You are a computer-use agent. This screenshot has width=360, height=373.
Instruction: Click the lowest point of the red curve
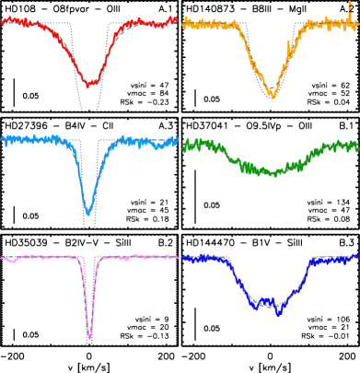coord(89,85)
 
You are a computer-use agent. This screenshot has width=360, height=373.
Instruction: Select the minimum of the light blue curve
coord(88,213)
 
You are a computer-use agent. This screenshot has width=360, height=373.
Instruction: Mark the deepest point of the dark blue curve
coord(278,313)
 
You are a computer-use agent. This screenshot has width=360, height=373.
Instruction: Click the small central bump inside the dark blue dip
coord(266,299)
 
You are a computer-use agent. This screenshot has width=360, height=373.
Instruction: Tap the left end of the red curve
coord(3,23)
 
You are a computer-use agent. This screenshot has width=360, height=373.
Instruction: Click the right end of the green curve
coord(357,145)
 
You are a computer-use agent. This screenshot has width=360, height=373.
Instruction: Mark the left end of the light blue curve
coord(3,140)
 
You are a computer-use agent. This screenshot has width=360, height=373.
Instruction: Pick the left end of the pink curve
coord(3,259)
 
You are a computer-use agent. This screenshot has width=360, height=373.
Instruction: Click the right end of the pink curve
coord(176,257)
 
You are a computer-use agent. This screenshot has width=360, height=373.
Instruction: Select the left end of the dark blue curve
coord(184,258)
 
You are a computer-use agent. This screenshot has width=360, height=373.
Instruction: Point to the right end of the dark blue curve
coord(357,257)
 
